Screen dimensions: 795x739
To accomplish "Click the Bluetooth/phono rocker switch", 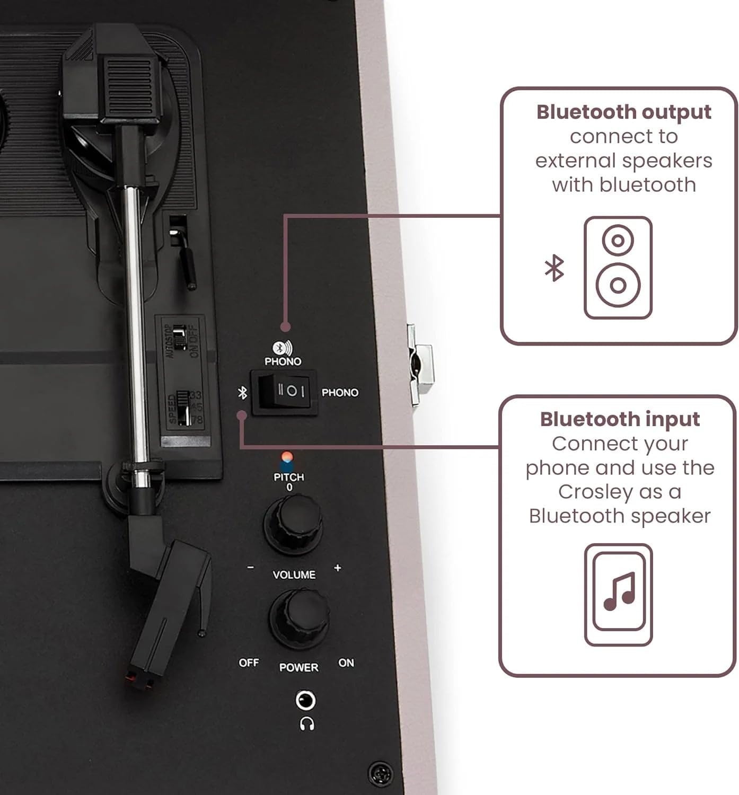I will [285, 392].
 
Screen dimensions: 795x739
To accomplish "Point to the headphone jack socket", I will [305, 701].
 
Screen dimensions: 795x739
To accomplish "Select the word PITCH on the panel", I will [289, 477].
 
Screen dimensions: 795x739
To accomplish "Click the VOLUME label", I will [294, 575].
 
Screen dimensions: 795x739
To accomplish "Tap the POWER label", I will [299, 668].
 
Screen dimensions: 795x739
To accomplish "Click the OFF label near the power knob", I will [249, 663].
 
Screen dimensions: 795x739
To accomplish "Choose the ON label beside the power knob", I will [346, 663].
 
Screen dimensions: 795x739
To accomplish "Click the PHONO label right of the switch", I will [340, 393].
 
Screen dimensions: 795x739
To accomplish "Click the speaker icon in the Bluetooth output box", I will [618, 268].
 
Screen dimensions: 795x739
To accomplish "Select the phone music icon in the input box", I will [619, 594].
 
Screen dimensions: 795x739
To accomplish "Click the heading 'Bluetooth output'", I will [623, 112].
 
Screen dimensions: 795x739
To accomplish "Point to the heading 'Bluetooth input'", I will [620, 419].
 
